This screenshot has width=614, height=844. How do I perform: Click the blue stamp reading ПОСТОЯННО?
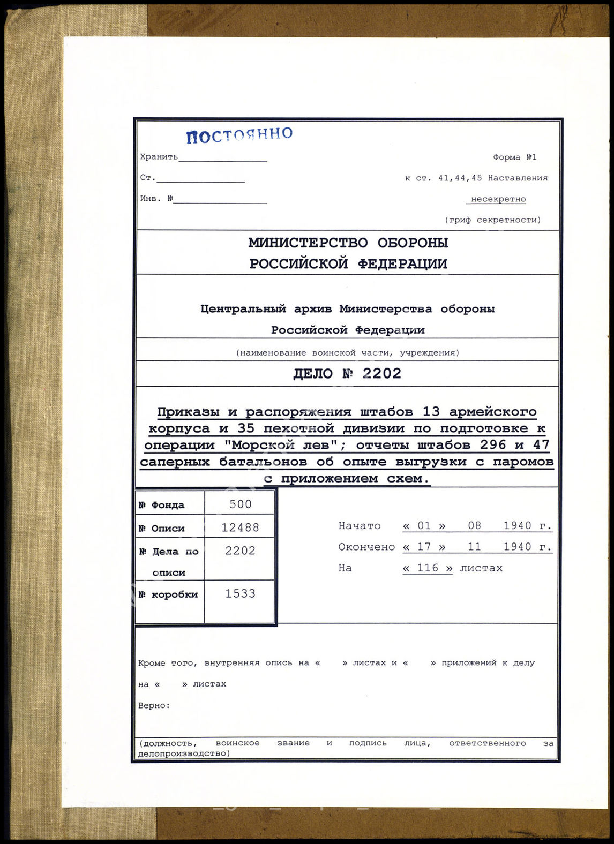[239, 135]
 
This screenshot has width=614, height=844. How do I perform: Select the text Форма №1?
[514, 157]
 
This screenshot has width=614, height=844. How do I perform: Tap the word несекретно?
[498, 199]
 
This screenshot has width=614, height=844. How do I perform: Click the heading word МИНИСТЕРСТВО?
[308, 243]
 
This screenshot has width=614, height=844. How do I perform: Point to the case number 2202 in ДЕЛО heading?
[382, 373]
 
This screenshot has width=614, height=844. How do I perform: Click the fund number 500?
[240, 504]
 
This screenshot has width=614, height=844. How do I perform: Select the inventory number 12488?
[240, 527]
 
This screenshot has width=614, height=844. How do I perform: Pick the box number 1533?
[240, 593]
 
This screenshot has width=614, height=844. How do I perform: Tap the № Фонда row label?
[161, 505]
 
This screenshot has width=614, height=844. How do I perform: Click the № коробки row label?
[168, 594]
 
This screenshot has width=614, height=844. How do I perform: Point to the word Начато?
[360, 526]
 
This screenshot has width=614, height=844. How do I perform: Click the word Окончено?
[366, 547]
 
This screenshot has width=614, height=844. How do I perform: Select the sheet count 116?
[428, 568]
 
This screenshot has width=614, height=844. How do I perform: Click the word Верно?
[154, 705]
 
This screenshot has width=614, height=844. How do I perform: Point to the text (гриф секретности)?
[493, 220]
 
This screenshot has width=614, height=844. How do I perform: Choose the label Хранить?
[159, 157]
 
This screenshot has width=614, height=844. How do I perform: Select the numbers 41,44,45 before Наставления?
[460, 178]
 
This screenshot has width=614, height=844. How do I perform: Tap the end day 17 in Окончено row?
[424, 547]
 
